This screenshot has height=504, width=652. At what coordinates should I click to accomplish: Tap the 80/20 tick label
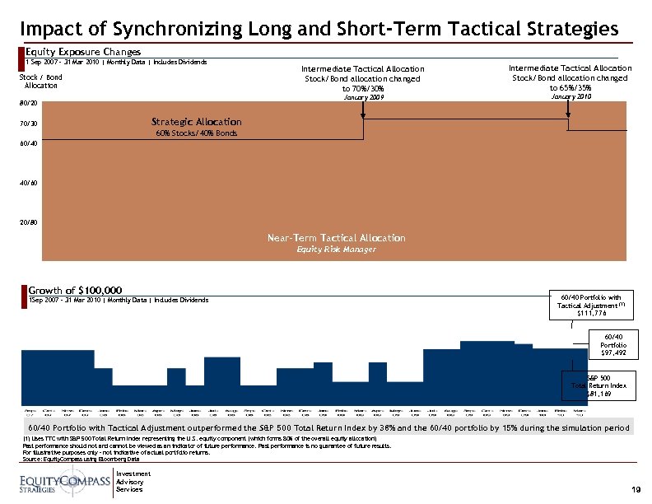(x=28, y=103)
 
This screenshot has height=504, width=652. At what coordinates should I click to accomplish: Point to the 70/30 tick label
(x=28, y=124)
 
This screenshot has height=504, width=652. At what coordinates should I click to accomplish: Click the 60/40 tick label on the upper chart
(x=28, y=143)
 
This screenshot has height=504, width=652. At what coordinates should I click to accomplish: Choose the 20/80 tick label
(x=28, y=222)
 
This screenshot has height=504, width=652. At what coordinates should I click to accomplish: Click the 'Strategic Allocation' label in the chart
(x=196, y=122)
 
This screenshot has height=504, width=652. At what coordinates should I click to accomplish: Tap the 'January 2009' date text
(x=363, y=98)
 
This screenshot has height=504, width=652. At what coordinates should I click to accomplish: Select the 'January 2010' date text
(x=570, y=97)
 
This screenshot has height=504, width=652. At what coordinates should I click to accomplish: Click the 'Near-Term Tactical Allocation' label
(x=336, y=238)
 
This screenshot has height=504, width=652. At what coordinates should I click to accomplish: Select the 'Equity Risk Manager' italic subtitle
(x=336, y=250)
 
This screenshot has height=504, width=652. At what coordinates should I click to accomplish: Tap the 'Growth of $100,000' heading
(x=76, y=291)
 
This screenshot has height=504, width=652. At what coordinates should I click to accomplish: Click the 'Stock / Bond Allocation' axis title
(x=40, y=82)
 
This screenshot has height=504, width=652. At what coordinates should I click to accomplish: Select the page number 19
(x=636, y=489)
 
